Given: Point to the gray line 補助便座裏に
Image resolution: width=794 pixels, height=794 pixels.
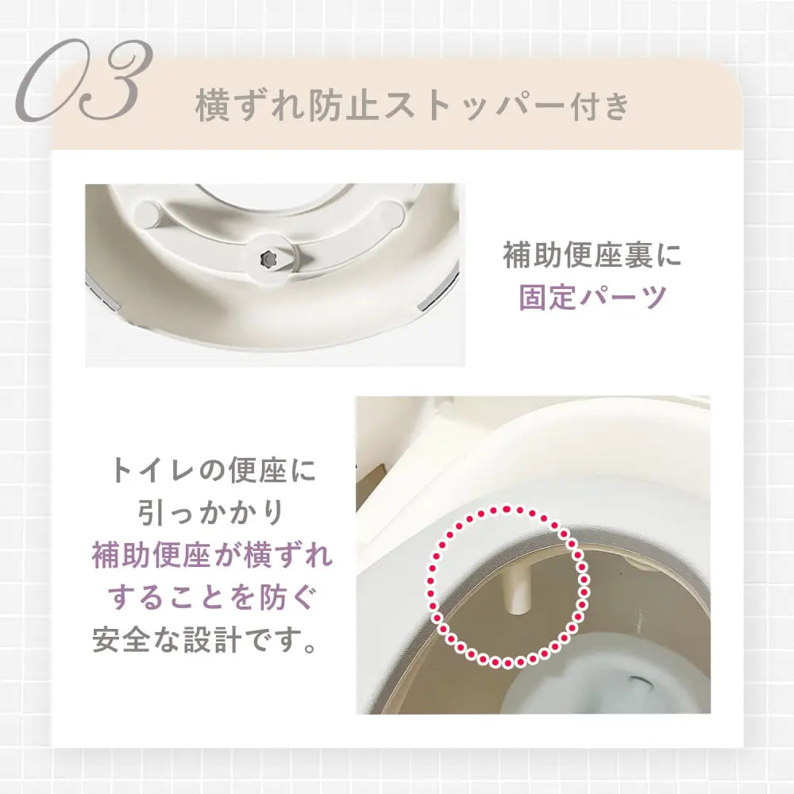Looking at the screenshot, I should pos(592,256).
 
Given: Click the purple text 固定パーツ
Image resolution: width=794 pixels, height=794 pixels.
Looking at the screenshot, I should pos(592,298).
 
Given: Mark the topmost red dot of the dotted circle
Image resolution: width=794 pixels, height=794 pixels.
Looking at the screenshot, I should pos(506,508).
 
